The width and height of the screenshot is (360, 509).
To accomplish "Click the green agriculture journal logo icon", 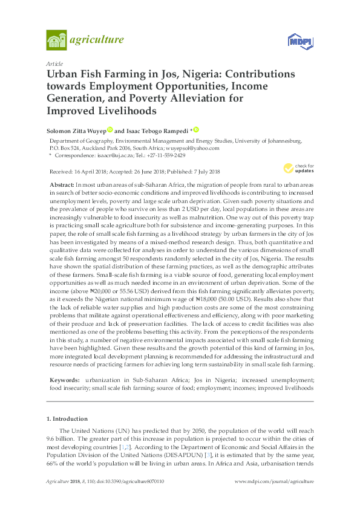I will [56, 41].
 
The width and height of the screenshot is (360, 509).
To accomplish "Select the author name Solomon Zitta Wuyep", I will [76, 130].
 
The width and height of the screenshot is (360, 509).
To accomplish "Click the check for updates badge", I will [298, 168].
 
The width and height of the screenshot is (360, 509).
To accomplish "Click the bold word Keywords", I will [64, 380].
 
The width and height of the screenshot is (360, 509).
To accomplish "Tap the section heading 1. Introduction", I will [67, 418].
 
